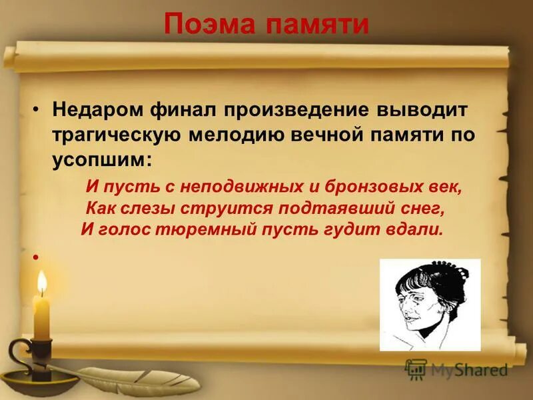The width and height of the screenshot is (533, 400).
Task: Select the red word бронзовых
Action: (379, 187)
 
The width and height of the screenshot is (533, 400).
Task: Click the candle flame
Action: (42, 283)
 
